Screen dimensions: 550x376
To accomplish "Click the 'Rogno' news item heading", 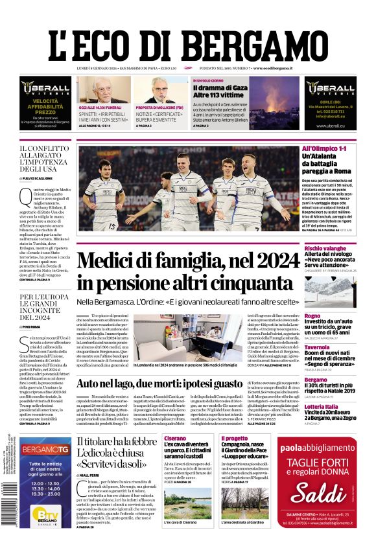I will [x=312, y=315].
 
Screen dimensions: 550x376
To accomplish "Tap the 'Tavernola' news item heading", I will [x=317, y=347].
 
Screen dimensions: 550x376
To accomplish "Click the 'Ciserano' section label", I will [x=175, y=438].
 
